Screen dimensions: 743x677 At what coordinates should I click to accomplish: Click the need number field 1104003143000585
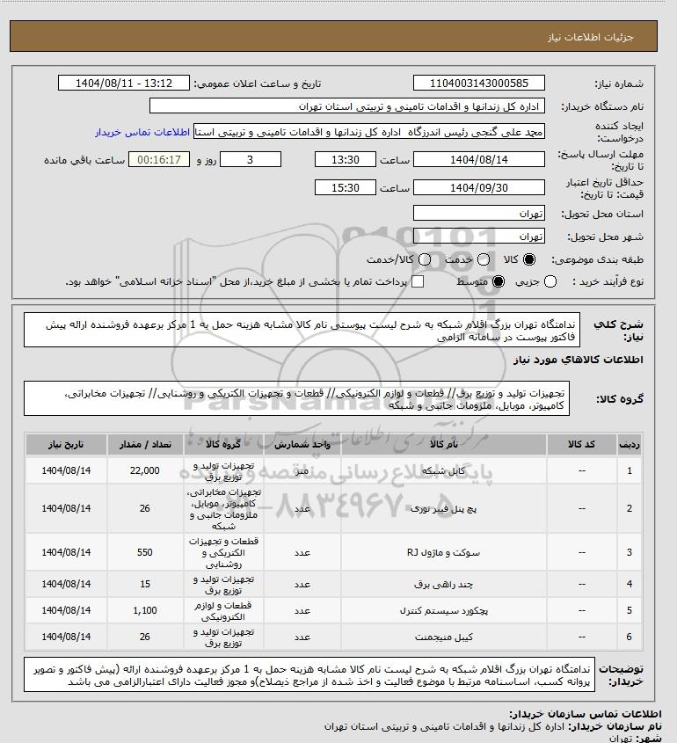tap(479, 84)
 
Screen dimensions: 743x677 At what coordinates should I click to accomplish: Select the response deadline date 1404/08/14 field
tap(479, 160)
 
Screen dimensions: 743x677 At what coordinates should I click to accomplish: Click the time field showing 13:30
tap(347, 160)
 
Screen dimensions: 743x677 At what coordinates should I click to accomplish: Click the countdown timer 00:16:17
tap(160, 160)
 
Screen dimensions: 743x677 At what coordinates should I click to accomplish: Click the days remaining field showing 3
tap(251, 160)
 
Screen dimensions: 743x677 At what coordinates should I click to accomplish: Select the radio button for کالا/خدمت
tap(426, 260)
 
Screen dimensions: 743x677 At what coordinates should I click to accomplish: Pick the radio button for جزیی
tap(551, 281)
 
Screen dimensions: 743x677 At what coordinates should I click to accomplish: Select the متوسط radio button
tap(498, 281)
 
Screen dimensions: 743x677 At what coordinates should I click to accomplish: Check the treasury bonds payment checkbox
tap(418, 281)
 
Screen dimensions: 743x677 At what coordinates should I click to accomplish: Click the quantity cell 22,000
tap(144, 471)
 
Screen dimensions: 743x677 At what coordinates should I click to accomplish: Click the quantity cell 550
tap(144, 552)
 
